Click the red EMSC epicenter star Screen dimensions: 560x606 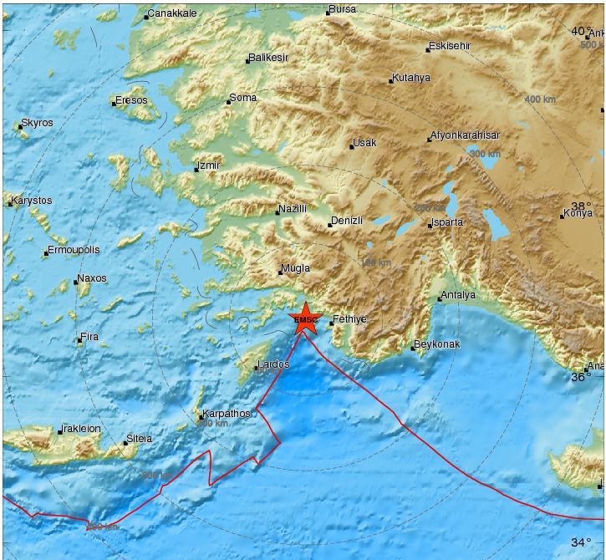(306, 319)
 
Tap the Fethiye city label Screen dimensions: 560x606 (349, 319)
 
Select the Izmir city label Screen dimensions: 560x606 (208, 165)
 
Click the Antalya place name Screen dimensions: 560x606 (458, 295)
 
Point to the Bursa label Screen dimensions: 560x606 (342, 9)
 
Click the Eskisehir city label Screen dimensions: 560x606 (450, 46)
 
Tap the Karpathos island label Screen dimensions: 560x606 (227, 414)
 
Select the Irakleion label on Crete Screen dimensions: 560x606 (82, 429)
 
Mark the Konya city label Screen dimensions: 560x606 (578, 213)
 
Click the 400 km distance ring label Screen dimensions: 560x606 (540, 99)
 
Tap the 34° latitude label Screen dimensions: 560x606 (581, 542)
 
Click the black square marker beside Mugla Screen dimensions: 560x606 (280, 272)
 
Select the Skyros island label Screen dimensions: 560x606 (37, 123)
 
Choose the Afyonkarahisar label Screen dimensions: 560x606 (465, 135)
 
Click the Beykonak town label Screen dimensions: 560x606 (438, 344)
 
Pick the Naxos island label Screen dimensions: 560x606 (92, 278)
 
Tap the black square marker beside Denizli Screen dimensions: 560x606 (329, 225)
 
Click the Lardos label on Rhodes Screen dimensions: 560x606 (273, 364)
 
